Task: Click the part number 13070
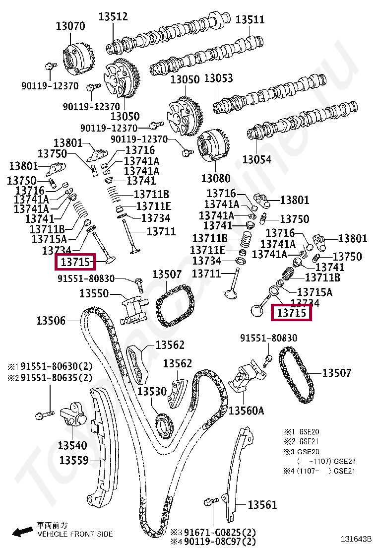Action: [70, 26]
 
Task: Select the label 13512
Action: [113, 16]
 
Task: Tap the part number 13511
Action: [250, 20]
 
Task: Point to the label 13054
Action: [257, 159]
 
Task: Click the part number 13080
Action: [216, 178]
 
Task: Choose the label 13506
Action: [51, 321]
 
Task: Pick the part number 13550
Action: [94, 293]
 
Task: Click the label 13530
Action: [152, 392]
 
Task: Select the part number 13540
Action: [72, 445]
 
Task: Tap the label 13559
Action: [74, 460]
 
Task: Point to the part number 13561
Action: [262, 505]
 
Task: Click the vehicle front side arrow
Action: [22, 532]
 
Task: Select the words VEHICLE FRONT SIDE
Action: [75, 534]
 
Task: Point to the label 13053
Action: [218, 78]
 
